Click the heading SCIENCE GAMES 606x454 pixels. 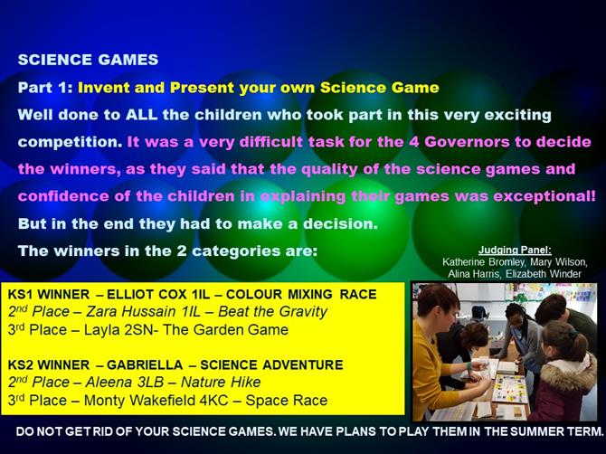point(88,60)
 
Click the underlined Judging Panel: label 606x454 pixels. point(515,251)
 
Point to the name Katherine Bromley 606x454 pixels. point(484,262)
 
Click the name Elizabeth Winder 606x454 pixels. point(544,274)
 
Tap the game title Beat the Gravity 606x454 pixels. point(273,311)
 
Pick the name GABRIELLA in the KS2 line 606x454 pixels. point(145,364)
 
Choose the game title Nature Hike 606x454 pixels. point(221,383)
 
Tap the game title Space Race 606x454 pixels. point(287,401)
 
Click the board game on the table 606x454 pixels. point(511,388)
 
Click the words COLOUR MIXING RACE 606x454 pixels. point(301,295)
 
